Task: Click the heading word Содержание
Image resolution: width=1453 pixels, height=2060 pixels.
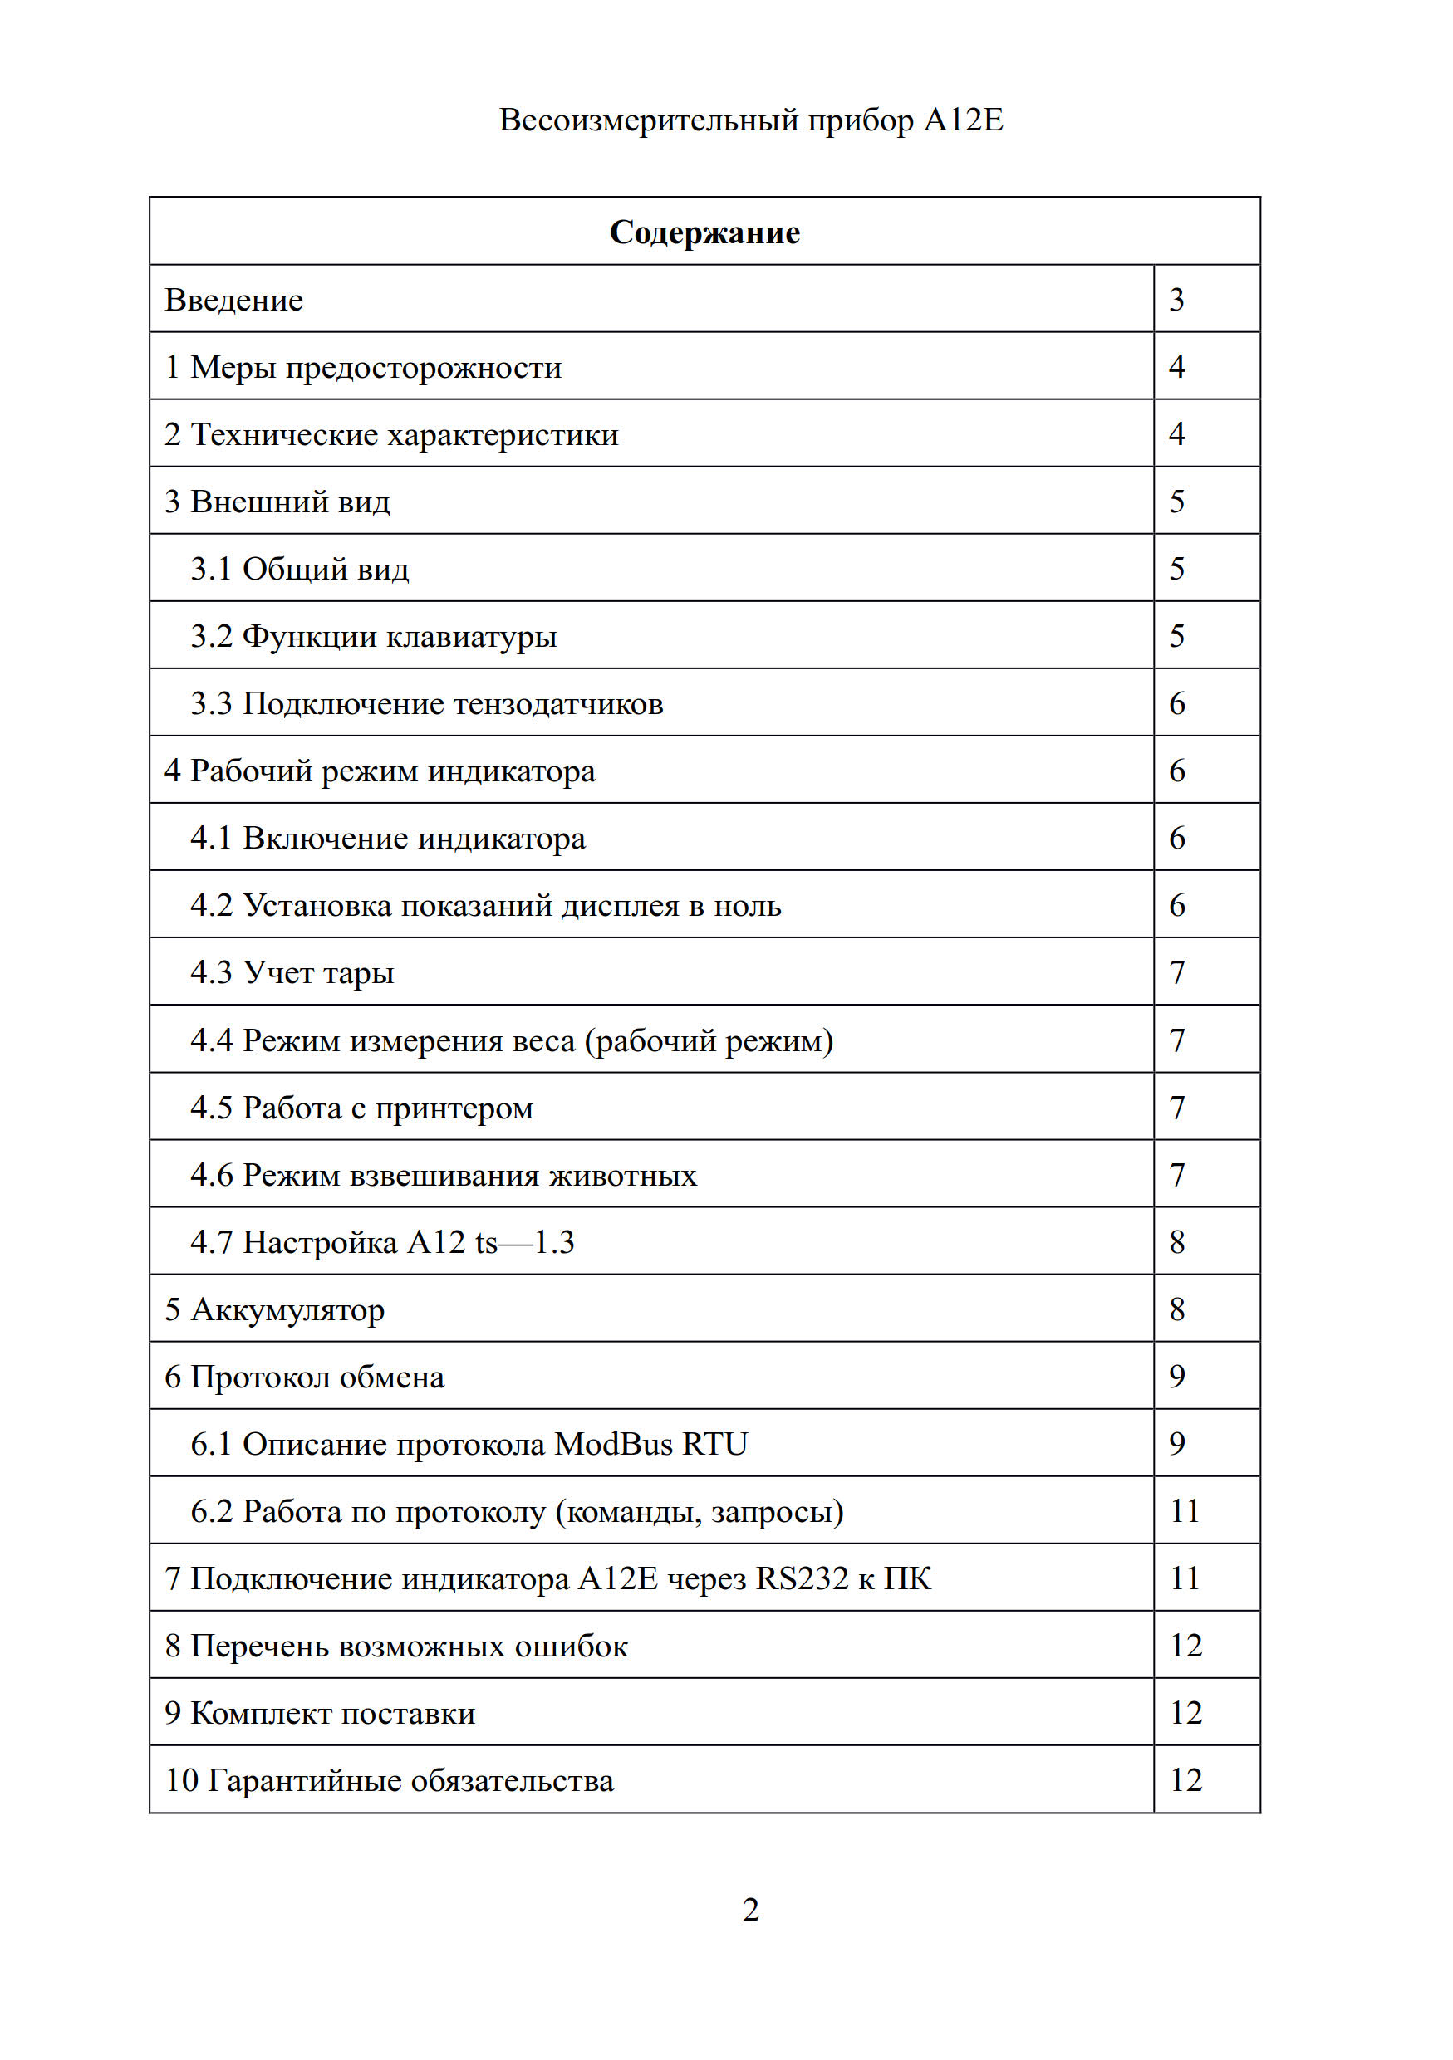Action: coord(704,232)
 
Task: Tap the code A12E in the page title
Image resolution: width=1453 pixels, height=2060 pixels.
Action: coord(963,120)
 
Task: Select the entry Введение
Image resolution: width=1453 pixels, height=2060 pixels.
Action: coord(233,300)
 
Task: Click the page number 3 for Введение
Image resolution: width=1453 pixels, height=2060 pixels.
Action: coord(1176,299)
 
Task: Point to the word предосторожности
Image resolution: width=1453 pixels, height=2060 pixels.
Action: coord(423,367)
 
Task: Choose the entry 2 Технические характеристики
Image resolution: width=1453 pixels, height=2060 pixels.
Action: coord(391,434)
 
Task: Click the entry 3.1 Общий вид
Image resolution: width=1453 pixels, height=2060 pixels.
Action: coord(300,569)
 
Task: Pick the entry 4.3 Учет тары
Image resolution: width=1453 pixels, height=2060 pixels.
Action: coord(292,972)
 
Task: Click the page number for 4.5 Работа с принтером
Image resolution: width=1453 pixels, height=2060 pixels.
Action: coord(1177,1108)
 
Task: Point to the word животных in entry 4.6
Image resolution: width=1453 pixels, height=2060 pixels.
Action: coord(623,1176)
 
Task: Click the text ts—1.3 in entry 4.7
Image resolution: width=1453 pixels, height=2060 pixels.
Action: coord(524,1243)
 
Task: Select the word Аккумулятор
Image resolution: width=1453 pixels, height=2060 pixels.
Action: coord(287,1310)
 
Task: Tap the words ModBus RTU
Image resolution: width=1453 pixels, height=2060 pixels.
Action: coord(650,1445)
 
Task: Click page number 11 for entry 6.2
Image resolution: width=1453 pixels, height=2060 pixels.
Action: coord(1185,1512)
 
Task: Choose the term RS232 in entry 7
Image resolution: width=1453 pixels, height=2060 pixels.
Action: coord(802,1579)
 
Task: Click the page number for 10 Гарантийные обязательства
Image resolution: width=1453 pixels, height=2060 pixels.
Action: coord(1185,1781)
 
